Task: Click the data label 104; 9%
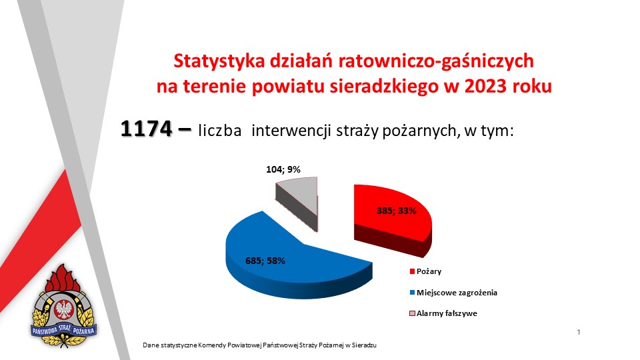(283, 169)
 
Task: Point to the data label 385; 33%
(396, 211)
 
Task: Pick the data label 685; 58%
(265, 261)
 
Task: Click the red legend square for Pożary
(412, 271)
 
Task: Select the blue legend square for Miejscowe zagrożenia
(412, 293)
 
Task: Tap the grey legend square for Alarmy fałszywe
(412, 313)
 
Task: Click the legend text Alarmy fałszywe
(447, 313)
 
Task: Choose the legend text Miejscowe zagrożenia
(457, 293)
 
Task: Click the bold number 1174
(146, 129)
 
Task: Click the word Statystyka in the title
(219, 61)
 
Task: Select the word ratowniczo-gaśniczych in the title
(435, 61)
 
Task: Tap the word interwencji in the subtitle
(291, 131)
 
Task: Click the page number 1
(579, 332)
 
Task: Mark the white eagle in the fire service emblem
(63, 309)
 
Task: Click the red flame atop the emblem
(63, 279)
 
